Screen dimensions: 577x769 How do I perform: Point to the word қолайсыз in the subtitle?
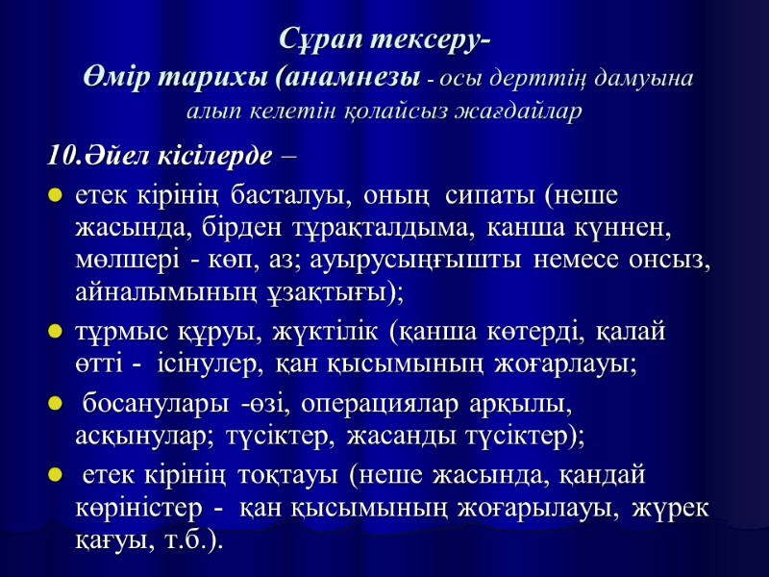click(x=364, y=112)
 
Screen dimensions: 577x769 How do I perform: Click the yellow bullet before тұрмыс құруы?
click(x=55, y=333)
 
